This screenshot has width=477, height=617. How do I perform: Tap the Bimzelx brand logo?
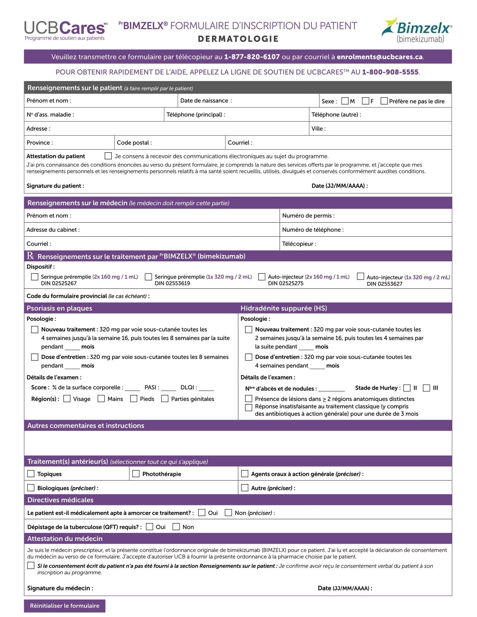[x=417, y=30]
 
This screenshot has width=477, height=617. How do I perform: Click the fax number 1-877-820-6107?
[x=252, y=57]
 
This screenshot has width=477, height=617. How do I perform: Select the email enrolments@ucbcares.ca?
[x=380, y=57]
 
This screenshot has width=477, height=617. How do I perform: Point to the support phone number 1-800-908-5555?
[x=390, y=72]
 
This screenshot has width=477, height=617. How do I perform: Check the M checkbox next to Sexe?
[x=345, y=101]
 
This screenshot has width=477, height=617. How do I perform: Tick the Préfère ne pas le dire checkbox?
[x=384, y=101]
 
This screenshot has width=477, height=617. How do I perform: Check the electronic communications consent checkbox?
[x=108, y=156]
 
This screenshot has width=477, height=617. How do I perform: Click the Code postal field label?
[x=134, y=143]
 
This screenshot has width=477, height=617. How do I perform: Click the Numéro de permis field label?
[x=308, y=216]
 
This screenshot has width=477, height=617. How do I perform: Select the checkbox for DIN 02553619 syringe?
[x=148, y=277]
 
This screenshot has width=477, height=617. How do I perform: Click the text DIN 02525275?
[x=286, y=283]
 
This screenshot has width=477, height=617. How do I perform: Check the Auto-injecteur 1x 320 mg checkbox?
[x=360, y=276]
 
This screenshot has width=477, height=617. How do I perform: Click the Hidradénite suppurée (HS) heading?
[x=284, y=308]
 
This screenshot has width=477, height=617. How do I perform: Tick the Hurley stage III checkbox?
[x=426, y=388]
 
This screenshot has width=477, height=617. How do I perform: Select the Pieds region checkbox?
[x=134, y=399]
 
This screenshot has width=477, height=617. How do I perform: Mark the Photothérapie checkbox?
[x=136, y=474]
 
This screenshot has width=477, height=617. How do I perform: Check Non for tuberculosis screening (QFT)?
[x=176, y=527]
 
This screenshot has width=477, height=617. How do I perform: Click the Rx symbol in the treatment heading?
[x=31, y=256]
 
